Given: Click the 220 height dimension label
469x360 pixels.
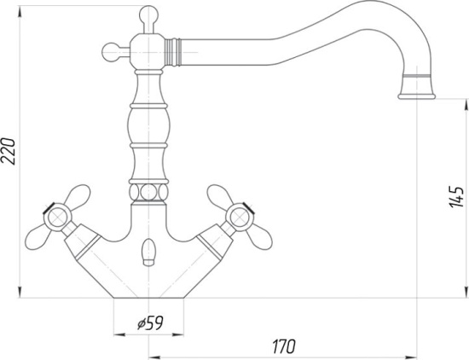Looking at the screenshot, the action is point(8,151).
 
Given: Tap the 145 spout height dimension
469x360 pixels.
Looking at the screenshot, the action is point(456,196).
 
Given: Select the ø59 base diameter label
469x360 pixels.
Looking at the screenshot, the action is point(150,323).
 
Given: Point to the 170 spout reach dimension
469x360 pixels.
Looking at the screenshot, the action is point(284,346).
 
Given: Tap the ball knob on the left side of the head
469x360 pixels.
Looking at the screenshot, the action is point(111,52).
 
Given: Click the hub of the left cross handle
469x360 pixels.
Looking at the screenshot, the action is point(57,218).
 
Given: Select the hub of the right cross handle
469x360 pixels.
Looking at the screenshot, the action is point(240,217).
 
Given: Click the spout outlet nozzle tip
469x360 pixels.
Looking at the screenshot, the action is point(416,96).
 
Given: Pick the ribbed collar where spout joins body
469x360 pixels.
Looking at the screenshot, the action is point(173,52).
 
